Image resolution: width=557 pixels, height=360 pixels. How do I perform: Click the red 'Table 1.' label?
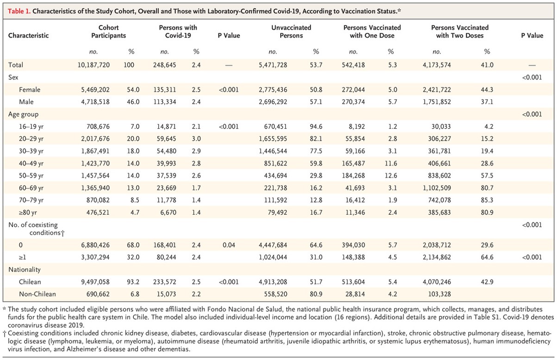coord(19,11)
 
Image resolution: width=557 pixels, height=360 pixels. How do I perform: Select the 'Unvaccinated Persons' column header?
coord(291,31)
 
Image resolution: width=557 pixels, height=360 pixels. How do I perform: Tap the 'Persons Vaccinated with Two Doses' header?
coord(460,31)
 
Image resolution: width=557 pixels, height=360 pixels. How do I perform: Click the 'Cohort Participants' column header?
coord(109,31)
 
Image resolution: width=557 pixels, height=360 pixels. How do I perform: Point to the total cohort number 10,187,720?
coord(93,65)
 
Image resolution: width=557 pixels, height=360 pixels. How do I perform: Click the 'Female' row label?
coord(30,90)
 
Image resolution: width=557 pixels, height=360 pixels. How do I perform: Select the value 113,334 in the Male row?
coord(165,102)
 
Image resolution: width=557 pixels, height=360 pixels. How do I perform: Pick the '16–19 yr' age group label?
coord(31,127)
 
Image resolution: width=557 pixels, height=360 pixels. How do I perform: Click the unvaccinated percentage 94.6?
coord(316,126)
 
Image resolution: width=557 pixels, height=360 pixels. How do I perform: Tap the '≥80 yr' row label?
coord(28,212)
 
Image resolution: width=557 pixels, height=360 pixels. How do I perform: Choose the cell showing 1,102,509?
coord(437,188)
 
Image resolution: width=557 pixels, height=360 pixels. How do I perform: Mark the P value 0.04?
coord(229,245)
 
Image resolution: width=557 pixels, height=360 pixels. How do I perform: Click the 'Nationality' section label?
coord(25,269)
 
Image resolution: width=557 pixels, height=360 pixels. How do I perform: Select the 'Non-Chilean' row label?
coord(37,294)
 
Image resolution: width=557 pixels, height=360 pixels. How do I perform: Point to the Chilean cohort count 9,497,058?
coord(95,282)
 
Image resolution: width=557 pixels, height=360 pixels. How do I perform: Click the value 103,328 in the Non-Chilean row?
coord(439,294)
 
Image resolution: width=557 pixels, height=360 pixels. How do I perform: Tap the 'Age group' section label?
coord(24,114)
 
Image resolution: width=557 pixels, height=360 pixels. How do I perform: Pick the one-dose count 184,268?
coord(353,176)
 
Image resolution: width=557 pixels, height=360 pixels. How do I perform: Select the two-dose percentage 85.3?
coord(487,200)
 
